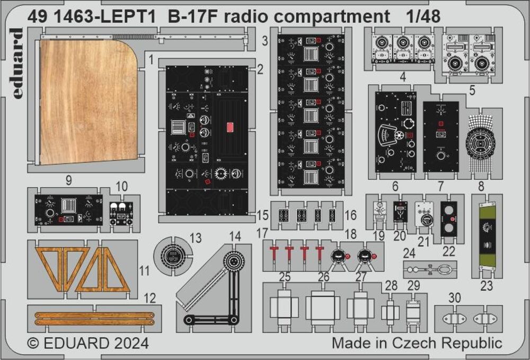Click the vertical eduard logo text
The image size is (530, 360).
pyautogui.click(x=17, y=64)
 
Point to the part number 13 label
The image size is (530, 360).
pyautogui.click(x=196, y=238)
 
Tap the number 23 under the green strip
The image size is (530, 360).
pyautogui.click(x=486, y=286)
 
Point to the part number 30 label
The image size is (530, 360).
pyautogui.click(x=454, y=298)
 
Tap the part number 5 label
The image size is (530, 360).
pyautogui.click(x=472, y=91)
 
